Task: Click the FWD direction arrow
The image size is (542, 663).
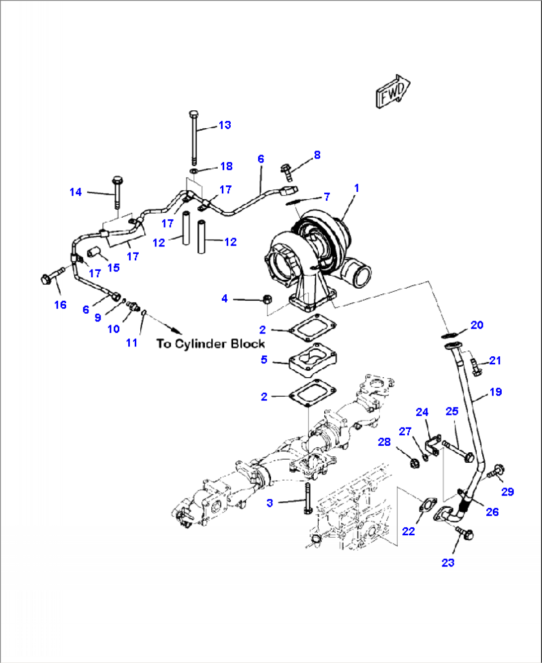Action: click(393, 91)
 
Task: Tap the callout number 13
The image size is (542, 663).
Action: click(225, 125)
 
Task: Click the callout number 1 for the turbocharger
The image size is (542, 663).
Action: click(356, 188)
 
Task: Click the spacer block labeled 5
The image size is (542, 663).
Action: click(313, 359)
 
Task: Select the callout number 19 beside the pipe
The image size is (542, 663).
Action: click(495, 392)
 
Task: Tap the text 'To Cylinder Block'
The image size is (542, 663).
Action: click(210, 343)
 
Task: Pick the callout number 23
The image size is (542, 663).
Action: click(448, 562)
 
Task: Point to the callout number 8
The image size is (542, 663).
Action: click(317, 155)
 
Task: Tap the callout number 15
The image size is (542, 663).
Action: click(113, 267)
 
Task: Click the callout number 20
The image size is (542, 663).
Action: click(476, 325)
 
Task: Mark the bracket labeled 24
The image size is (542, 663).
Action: click(434, 444)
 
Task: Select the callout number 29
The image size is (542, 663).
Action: click(507, 492)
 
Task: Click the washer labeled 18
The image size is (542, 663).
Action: click(193, 171)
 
